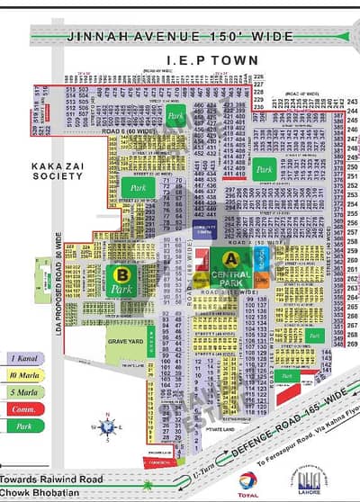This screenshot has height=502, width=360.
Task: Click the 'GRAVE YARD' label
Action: (122, 341)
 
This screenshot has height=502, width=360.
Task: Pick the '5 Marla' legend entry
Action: (26, 390)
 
